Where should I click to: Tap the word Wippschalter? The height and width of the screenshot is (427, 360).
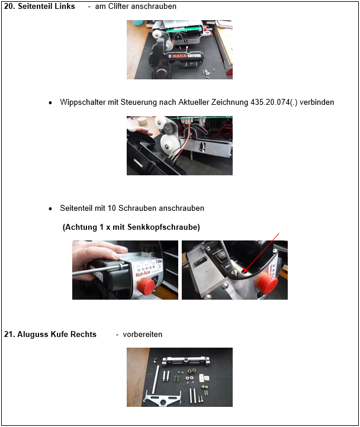pyautogui.click(x=81, y=102)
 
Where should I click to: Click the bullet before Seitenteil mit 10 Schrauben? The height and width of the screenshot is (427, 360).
pyautogui.click(x=50, y=209)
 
